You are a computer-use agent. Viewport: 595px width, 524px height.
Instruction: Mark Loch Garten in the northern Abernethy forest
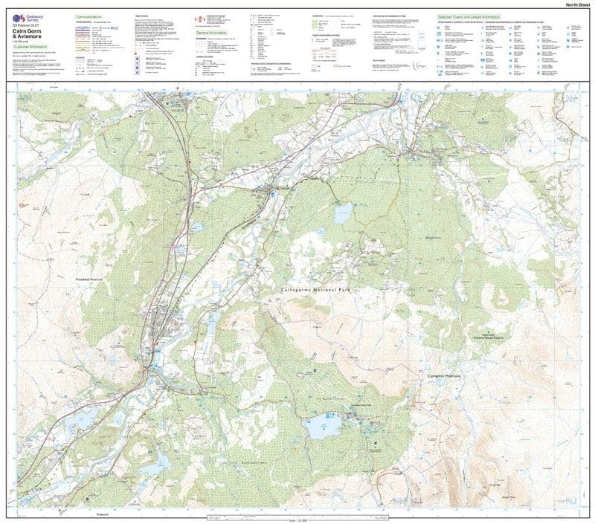coord(342,216)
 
